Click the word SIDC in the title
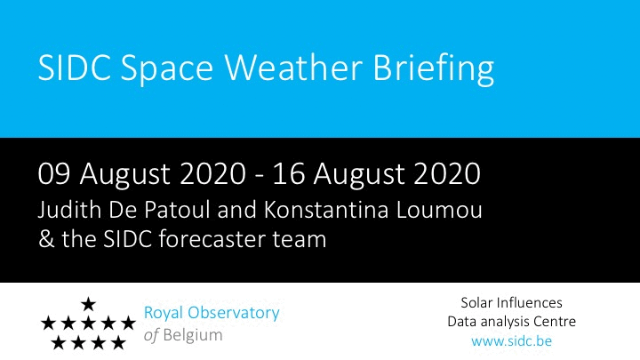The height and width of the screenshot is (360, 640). [x=75, y=68]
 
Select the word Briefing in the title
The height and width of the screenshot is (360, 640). [x=434, y=69]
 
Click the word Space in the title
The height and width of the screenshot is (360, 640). [x=167, y=70]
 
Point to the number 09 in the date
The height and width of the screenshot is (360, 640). [x=54, y=173]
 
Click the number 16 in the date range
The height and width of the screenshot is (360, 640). [x=289, y=173]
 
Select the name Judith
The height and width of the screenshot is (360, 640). [x=69, y=210]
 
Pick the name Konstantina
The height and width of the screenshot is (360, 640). [x=325, y=210]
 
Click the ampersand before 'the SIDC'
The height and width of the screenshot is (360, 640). [x=46, y=239]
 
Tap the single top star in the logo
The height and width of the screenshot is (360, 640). [x=88, y=304]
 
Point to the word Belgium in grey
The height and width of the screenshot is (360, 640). [x=193, y=335]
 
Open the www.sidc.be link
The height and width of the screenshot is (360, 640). [x=511, y=340]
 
